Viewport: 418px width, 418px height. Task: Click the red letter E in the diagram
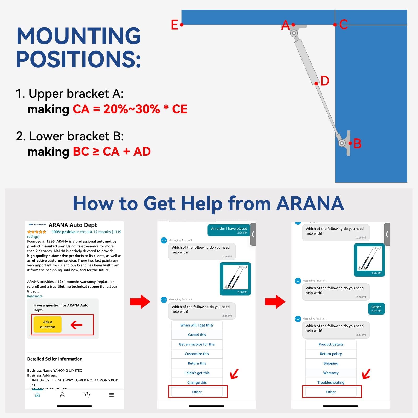174,25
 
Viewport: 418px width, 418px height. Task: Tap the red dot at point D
316,84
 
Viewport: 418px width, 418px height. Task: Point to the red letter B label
357,143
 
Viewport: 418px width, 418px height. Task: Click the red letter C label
344,25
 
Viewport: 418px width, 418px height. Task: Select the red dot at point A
293,25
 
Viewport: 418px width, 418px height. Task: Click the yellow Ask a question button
48,324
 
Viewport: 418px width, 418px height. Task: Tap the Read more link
35,296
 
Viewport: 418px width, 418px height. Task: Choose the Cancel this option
197,335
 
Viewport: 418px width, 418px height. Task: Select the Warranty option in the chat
331,373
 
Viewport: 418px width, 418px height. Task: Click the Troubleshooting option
331,382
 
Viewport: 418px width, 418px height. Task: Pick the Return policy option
331,354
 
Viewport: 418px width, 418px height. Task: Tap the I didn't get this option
197,373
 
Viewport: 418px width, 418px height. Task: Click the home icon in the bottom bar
38,395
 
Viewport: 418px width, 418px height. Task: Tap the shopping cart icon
87,395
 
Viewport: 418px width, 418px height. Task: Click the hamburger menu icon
112,395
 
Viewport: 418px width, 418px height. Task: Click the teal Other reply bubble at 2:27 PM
376,309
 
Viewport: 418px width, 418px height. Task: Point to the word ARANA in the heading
310,204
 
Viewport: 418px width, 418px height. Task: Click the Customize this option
197,354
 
